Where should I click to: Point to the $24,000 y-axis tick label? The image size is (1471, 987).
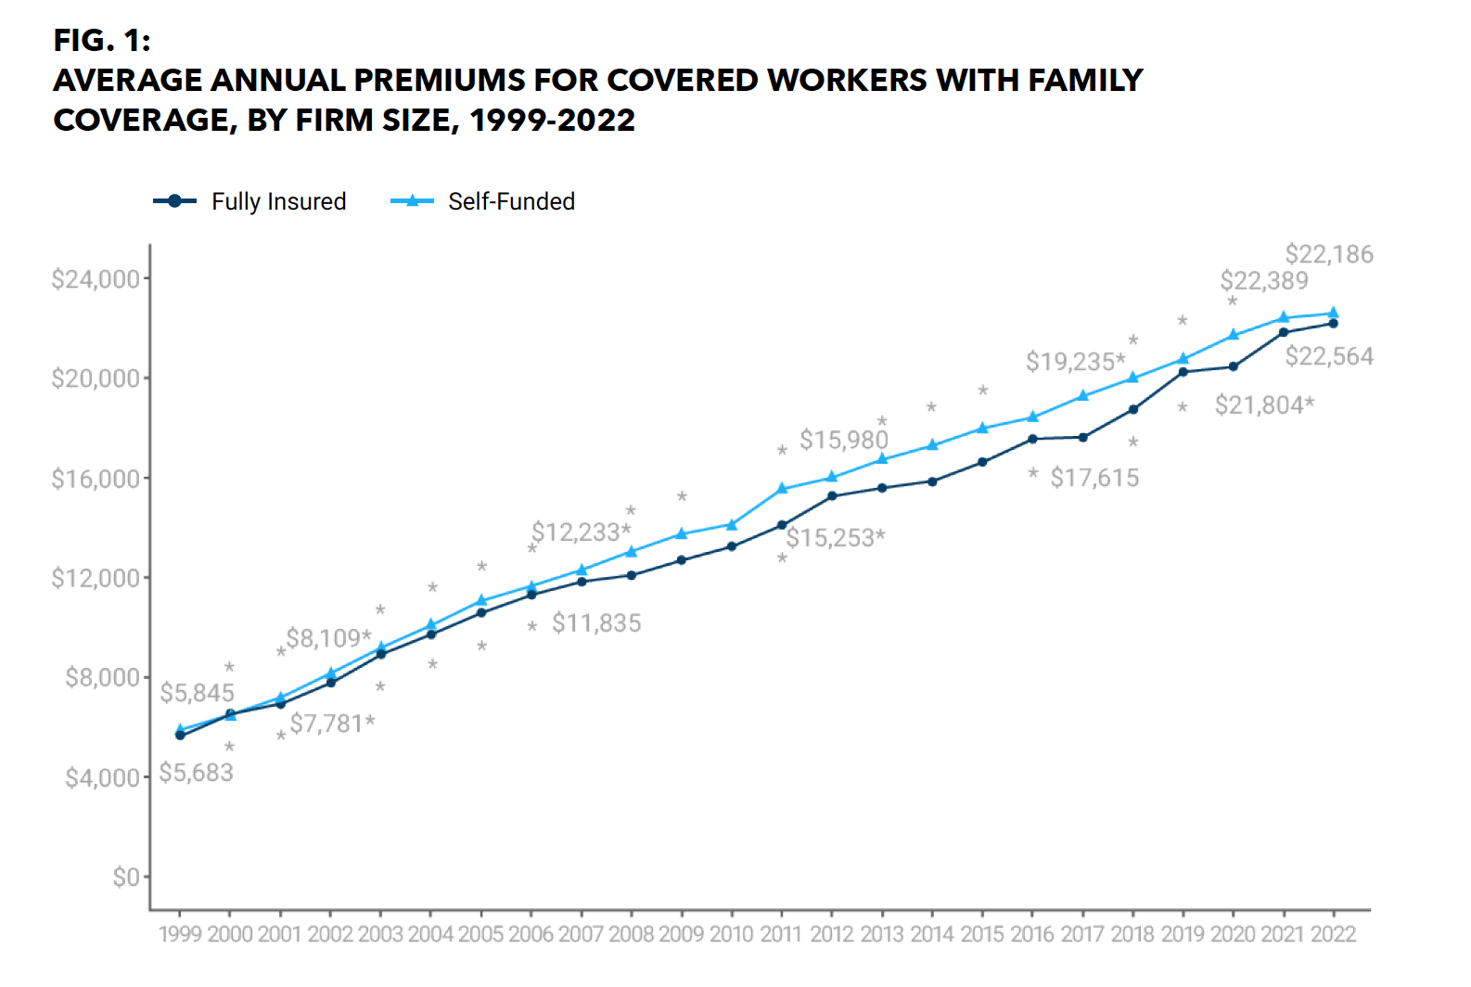(95, 279)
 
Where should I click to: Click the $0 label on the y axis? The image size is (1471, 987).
(125, 877)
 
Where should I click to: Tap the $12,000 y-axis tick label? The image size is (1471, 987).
(95, 578)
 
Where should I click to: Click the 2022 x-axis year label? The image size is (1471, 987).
(1333, 934)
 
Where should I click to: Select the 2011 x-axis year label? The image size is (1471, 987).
(780, 934)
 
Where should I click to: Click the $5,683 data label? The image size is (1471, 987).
(196, 773)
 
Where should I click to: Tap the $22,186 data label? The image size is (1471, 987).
(1328, 254)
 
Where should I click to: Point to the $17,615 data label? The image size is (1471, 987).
(1094, 478)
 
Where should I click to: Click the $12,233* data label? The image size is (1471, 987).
(581, 532)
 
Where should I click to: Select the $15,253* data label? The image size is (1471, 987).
(835, 538)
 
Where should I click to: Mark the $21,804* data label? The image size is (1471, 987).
(1264, 405)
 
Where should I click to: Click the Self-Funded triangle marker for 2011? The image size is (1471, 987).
(782, 488)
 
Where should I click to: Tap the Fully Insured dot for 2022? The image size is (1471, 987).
(1333, 324)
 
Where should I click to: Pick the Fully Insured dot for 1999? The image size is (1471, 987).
(180, 736)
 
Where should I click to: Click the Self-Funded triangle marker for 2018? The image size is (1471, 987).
(1132, 378)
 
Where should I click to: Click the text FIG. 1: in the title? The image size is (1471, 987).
(102, 40)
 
